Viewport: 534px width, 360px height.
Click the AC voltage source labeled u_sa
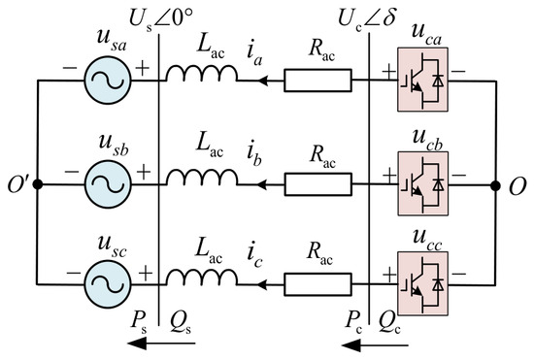(x=107, y=81)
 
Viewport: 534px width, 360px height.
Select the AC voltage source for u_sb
(x=107, y=184)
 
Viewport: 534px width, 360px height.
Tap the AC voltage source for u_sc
(x=107, y=284)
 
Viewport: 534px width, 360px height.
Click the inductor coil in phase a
(x=202, y=73)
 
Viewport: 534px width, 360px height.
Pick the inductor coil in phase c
(x=202, y=277)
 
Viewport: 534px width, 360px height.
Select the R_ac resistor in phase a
(x=317, y=81)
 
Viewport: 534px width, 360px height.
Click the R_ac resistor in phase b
(x=317, y=184)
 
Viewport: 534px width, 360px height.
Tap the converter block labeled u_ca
(x=422, y=80)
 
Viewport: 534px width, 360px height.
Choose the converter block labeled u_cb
(x=422, y=183)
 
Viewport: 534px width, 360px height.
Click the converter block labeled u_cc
(x=422, y=283)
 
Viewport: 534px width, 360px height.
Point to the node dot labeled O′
(x=38, y=184)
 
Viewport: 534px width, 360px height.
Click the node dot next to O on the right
(x=495, y=185)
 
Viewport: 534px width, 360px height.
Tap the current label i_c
(x=254, y=256)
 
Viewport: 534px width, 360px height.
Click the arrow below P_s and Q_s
(x=161, y=343)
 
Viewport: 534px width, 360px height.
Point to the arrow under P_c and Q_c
(x=375, y=345)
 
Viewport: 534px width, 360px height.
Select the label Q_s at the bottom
(x=181, y=321)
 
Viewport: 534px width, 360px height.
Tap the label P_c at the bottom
(x=353, y=322)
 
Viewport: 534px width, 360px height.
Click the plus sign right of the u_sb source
(x=144, y=172)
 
